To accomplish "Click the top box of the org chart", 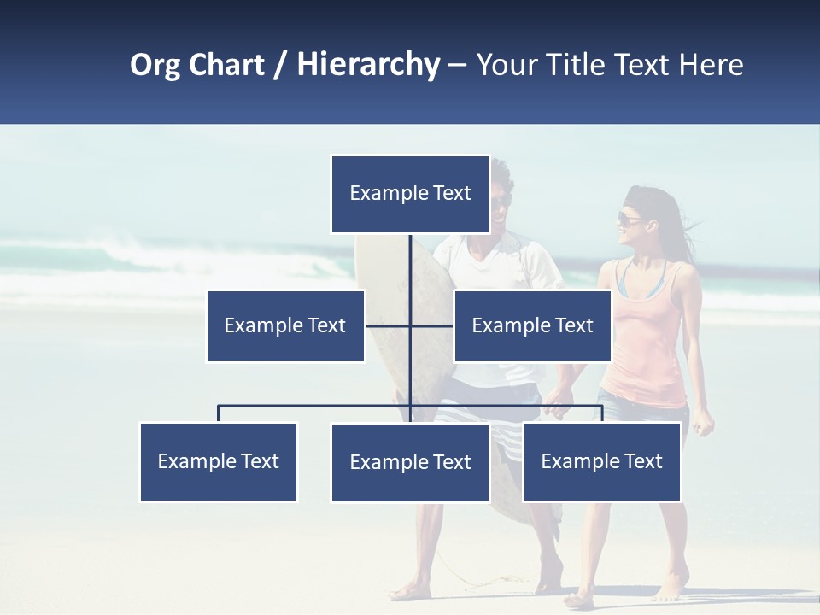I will coord(410,194).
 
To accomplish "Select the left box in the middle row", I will coord(285,325).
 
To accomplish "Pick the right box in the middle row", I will coord(532,325).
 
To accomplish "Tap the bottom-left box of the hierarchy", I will coord(219,461).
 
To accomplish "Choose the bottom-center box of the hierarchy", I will coord(410,462).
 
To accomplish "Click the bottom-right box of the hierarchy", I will coord(601,461).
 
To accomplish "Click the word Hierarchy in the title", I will coord(368,65).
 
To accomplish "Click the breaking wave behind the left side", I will coord(128,252).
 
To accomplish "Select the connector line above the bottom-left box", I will coord(219,413).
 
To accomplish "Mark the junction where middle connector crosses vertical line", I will coord(410,325).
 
